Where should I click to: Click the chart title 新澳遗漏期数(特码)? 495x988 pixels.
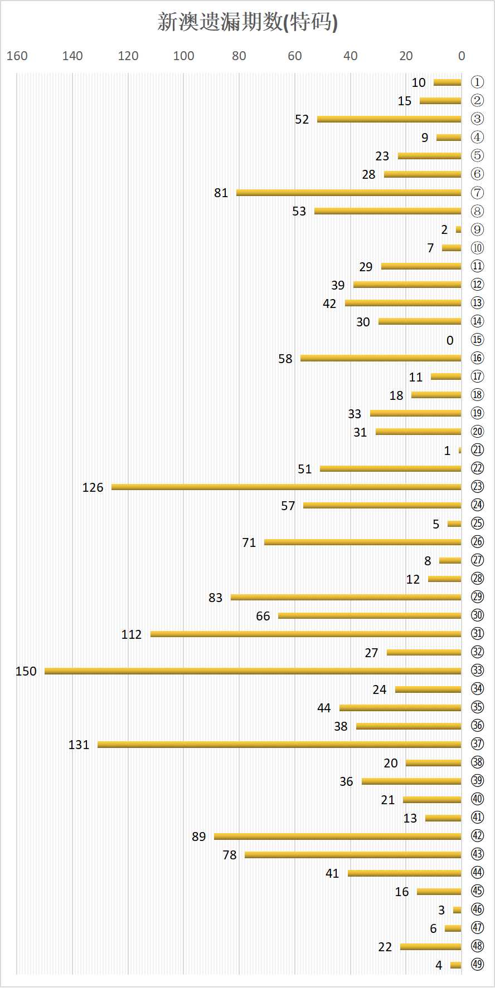click(x=247, y=22)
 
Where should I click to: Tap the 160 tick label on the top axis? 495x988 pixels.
click(x=17, y=56)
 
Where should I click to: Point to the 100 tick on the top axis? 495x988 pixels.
click(x=183, y=56)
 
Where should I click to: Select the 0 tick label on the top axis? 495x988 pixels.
click(x=462, y=56)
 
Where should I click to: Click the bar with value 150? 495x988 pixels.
click(x=253, y=671)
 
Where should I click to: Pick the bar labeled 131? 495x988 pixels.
click(x=279, y=745)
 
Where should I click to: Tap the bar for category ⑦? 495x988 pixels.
click(x=349, y=193)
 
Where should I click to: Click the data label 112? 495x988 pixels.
click(x=132, y=634)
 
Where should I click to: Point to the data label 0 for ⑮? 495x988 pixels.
click(x=450, y=340)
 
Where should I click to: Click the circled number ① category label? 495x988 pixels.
click(x=477, y=82)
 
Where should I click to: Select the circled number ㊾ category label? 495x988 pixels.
click(x=477, y=965)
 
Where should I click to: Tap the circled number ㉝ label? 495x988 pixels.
click(x=477, y=671)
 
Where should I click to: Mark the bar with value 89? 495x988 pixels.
click(x=338, y=837)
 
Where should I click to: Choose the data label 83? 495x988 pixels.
click(x=215, y=598)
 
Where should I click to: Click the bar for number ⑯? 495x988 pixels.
click(x=381, y=358)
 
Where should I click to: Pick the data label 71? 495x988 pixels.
click(x=249, y=542)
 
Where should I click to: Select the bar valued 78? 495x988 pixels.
click(x=353, y=855)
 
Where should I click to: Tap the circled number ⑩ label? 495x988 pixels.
click(x=477, y=248)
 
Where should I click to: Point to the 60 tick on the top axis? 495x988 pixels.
click(x=295, y=56)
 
